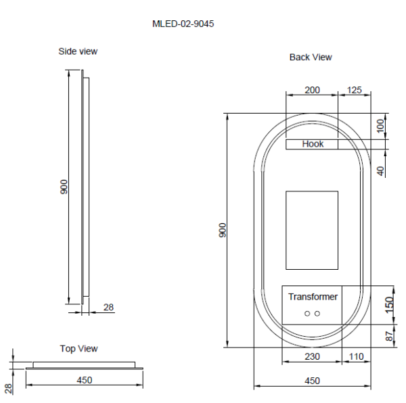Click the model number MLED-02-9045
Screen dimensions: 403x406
[x=183, y=24]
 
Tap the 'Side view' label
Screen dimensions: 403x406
[x=78, y=51]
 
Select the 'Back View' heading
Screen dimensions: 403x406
[x=311, y=57]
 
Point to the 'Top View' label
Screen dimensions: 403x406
[x=78, y=349]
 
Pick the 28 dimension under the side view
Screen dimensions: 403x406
[x=108, y=308]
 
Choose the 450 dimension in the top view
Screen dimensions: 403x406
[x=85, y=380]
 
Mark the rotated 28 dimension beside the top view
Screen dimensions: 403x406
[x=9, y=388]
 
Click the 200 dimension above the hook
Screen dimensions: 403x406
[x=312, y=90]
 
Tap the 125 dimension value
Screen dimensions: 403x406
[x=355, y=90]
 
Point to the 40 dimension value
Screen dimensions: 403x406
[x=381, y=170]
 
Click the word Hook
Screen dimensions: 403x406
[x=313, y=144]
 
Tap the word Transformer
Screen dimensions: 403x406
[x=313, y=297]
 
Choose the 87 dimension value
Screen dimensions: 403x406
[x=388, y=336]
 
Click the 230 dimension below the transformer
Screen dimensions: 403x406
[x=312, y=356]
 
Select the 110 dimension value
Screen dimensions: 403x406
[x=357, y=356]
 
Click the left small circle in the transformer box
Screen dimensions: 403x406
[x=307, y=314]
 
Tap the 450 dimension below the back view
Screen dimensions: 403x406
[x=312, y=381]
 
